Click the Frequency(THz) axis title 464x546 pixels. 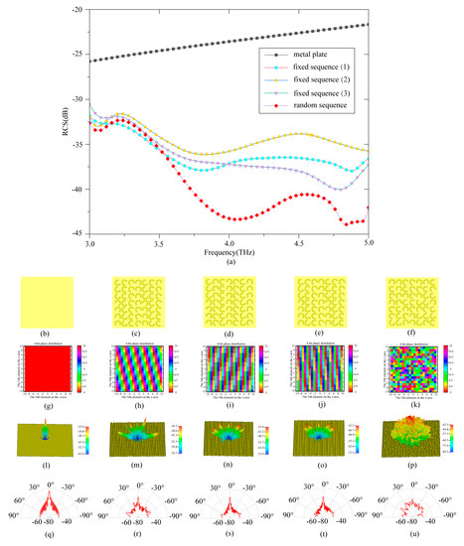click(230, 252)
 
